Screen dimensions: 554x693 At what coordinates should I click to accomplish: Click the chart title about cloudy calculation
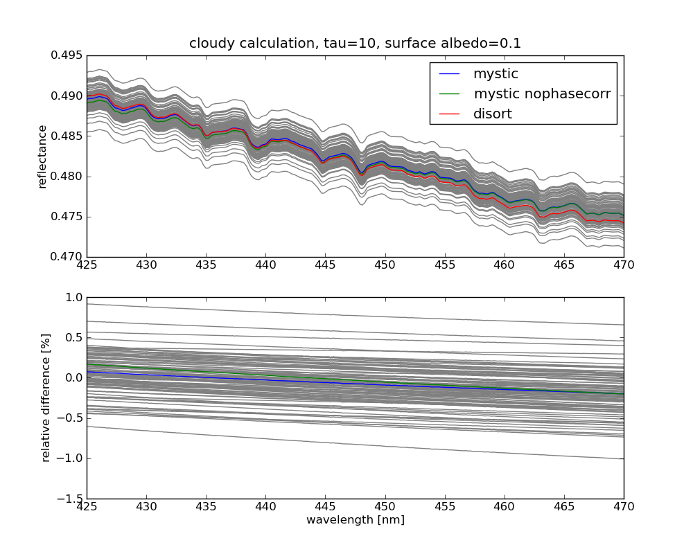click(355, 44)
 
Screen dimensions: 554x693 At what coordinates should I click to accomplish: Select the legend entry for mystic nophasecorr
click(542, 93)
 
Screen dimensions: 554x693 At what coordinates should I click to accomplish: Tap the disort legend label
click(492, 114)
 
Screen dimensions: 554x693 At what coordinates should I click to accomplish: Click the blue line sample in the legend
click(449, 73)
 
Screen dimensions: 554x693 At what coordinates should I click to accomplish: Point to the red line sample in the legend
click(449, 114)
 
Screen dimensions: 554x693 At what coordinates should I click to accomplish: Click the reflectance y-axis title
click(43, 157)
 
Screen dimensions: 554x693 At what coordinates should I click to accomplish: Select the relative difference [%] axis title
click(46, 397)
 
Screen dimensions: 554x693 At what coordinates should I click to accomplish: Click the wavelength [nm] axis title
click(355, 520)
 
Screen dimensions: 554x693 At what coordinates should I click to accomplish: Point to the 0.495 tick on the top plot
click(67, 55)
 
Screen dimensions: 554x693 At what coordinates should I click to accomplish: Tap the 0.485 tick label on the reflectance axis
click(67, 136)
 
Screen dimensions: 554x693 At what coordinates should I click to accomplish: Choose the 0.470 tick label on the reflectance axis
click(67, 257)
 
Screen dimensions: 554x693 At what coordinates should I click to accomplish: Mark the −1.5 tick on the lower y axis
click(71, 499)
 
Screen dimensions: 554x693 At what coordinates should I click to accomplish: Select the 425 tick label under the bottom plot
click(87, 507)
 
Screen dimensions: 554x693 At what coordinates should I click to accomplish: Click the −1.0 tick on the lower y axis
click(71, 458)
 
